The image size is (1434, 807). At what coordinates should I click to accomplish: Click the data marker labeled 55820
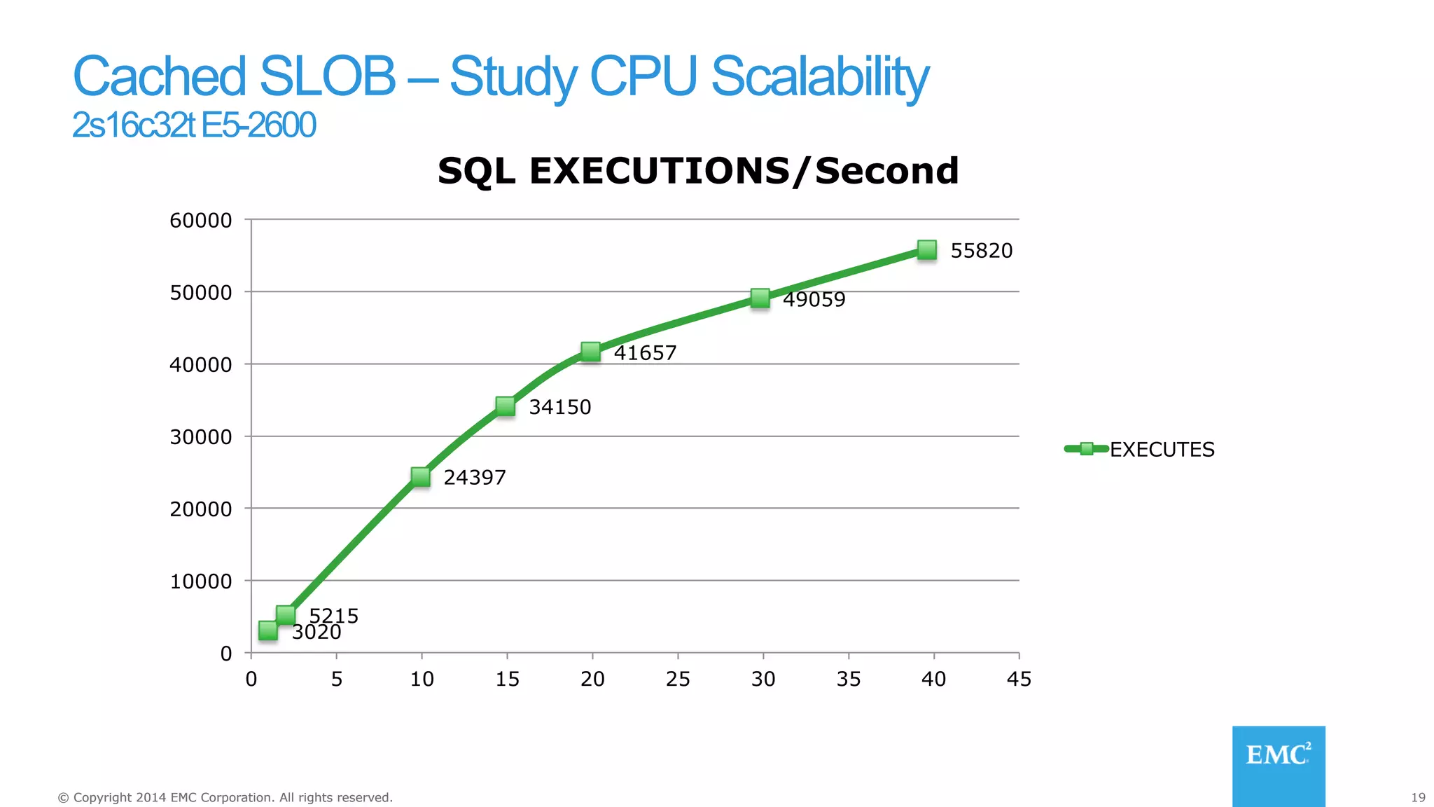(926, 250)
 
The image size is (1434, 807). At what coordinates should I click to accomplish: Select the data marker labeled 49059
(760, 298)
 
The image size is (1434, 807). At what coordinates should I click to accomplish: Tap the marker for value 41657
(590, 352)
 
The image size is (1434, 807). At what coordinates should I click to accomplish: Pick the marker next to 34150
(505, 406)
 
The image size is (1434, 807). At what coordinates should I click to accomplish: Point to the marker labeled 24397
(420, 477)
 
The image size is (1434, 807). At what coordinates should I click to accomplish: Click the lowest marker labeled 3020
(267, 630)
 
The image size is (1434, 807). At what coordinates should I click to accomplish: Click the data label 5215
(334, 615)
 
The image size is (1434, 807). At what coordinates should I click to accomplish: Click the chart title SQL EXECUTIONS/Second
(697, 171)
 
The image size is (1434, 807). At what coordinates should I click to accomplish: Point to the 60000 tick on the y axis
(200, 220)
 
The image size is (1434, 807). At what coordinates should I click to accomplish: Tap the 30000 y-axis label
(200, 436)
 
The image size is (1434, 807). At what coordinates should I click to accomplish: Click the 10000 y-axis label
(200, 581)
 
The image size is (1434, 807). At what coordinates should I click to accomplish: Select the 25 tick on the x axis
(678, 679)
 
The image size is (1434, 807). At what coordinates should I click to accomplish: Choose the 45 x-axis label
(1019, 679)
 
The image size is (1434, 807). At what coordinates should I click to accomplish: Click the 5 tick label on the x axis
(337, 679)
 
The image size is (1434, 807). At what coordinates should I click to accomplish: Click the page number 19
(1418, 797)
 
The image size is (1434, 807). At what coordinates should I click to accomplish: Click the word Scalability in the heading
(820, 77)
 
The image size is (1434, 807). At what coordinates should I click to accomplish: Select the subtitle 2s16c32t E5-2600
(194, 125)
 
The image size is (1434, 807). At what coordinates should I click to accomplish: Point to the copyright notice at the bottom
(225, 797)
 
